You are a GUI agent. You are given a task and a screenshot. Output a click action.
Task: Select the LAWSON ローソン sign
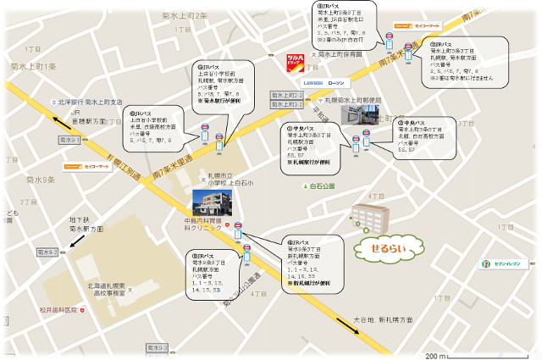tap(324, 83)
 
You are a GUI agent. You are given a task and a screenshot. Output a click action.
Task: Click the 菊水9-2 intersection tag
tap(48, 252)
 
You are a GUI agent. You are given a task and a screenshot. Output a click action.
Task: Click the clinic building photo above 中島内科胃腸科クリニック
tap(212, 202)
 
